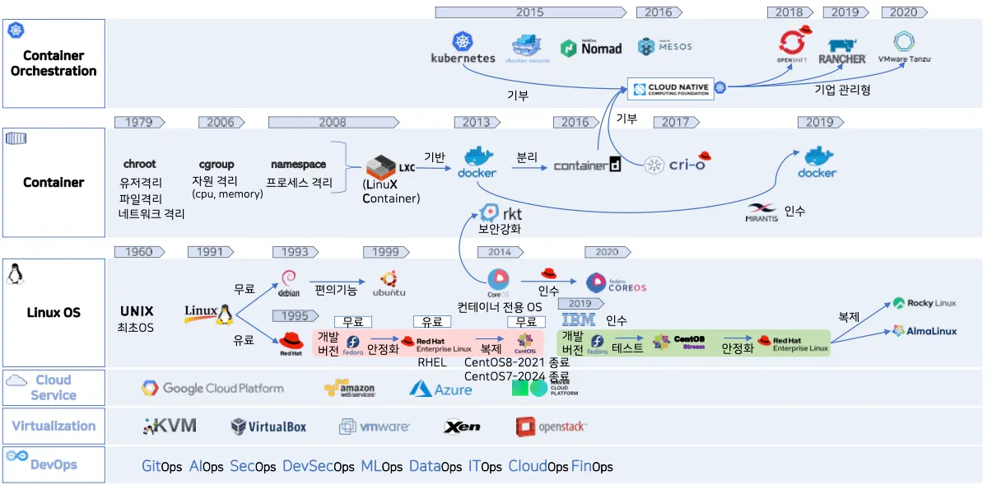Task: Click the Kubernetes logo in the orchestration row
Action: click(x=463, y=47)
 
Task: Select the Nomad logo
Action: click(x=591, y=49)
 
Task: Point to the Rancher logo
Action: click(x=842, y=51)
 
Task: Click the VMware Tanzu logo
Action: click(x=904, y=48)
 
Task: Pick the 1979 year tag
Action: click(x=139, y=123)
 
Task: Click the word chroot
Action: click(x=140, y=165)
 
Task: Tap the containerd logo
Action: click(x=587, y=166)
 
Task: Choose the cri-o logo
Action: click(x=677, y=164)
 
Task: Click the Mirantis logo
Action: click(x=762, y=212)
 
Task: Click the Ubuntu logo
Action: click(x=389, y=282)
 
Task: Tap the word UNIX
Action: click(x=137, y=312)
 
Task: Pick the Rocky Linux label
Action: click(x=924, y=303)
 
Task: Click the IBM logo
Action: click(x=578, y=319)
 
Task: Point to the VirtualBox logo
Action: click(x=268, y=427)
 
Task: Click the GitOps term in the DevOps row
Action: click(x=161, y=467)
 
